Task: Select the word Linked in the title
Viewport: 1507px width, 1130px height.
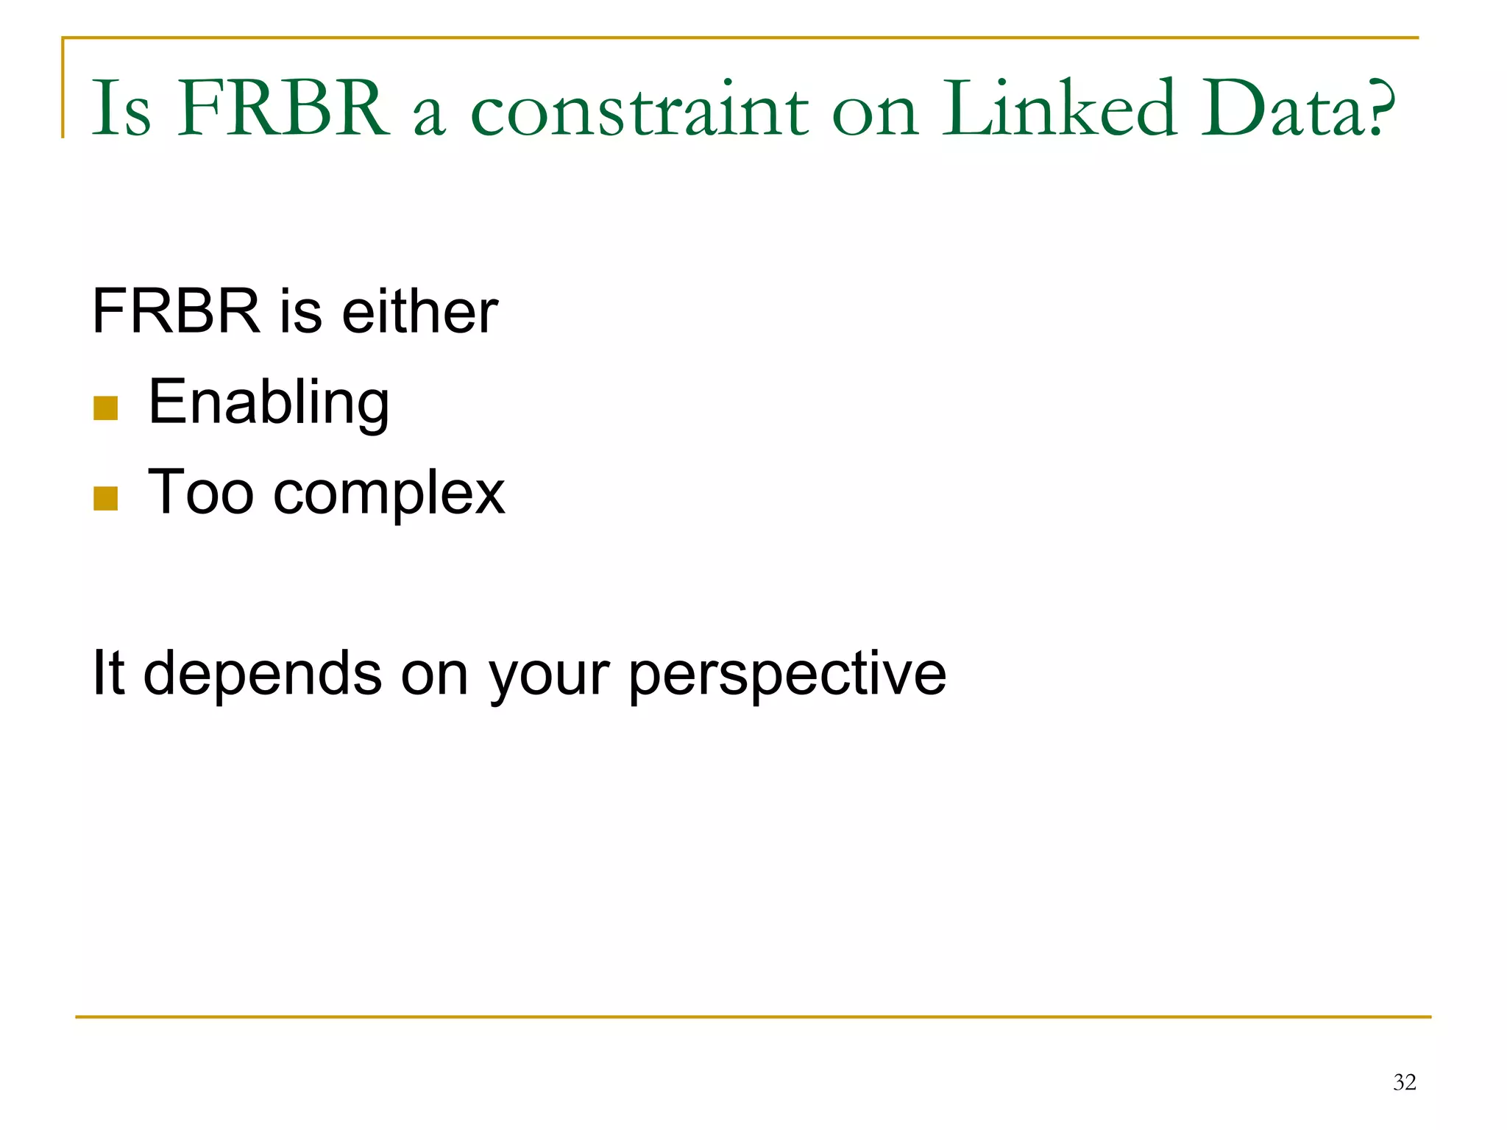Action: point(1060,109)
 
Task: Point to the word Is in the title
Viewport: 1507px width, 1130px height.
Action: point(121,109)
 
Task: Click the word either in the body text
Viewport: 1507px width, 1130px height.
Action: point(420,311)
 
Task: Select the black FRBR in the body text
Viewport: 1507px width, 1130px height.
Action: point(177,311)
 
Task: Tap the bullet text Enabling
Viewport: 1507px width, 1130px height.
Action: point(269,402)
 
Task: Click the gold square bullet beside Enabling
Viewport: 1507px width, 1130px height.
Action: point(106,408)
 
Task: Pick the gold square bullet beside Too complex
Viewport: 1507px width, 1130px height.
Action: point(106,498)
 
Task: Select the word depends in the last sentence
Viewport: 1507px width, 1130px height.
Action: point(263,673)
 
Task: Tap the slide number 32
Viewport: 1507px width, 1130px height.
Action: point(1404,1082)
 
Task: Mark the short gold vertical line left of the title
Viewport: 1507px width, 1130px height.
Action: point(63,88)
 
